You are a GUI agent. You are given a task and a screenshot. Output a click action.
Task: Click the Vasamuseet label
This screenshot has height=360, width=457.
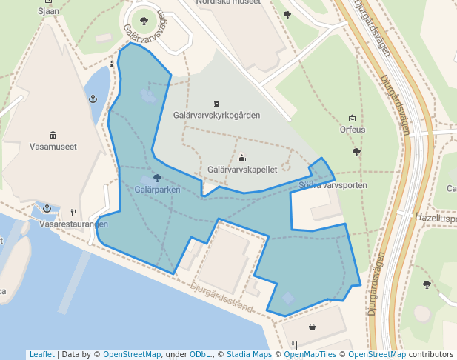[53, 147]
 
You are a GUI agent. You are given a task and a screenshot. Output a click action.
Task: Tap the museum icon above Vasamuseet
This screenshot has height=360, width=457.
[53, 134]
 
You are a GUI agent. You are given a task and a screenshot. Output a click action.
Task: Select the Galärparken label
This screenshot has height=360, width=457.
[157, 190]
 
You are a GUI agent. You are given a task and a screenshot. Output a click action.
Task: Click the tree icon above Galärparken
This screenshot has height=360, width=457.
[157, 178]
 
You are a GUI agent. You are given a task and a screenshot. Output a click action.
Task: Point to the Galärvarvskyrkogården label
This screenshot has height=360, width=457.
[216, 116]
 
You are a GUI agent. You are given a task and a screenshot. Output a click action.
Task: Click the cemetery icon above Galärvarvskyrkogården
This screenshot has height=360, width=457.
[216, 103]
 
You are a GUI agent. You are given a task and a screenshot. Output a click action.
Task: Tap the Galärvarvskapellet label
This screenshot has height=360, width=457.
[242, 170]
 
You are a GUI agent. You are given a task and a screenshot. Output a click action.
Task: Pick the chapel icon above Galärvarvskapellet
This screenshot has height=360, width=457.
[242, 158]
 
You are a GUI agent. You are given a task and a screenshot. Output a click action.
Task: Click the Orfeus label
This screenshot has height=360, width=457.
[352, 130]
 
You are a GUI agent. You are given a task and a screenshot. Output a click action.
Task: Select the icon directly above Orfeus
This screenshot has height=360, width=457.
[352, 118]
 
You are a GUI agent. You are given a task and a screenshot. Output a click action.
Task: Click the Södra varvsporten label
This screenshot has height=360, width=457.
[333, 184]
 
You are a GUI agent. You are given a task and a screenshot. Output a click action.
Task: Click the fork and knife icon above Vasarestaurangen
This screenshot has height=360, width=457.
[73, 212]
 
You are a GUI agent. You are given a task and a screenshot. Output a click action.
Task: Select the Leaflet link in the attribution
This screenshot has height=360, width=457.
[41, 354]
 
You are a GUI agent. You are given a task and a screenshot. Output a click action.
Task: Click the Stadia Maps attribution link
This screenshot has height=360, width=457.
[248, 354]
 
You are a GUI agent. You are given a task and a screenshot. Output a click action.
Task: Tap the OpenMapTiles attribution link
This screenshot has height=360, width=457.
[310, 354]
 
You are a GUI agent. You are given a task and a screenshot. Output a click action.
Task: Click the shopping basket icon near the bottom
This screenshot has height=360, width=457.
[312, 327]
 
